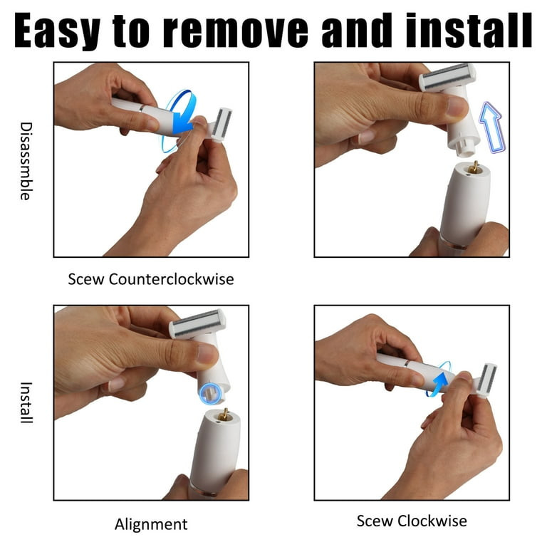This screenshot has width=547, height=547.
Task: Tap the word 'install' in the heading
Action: [x=468, y=31]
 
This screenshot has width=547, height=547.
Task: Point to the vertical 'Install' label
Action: [x=26, y=402]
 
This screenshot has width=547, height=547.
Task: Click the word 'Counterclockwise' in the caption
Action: [x=171, y=279]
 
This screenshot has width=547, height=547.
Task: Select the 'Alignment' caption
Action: [x=151, y=524]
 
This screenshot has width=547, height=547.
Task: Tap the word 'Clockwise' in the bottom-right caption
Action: [x=432, y=521]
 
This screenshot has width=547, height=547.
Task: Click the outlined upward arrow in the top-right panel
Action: [x=492, y=127]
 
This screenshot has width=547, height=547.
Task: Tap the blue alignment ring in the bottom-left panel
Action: [x=211, y=394]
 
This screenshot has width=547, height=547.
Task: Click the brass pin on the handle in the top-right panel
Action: [x=474, y=168]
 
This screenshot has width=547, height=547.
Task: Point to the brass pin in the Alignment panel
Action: [x=224, y=415]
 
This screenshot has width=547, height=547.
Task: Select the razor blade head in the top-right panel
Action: [x=447, y=77]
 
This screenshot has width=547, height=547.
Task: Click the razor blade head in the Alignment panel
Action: [x=197, y=324]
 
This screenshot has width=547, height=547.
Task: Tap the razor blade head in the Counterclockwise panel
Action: [x=222, y=125]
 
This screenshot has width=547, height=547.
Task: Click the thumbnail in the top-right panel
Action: [x=457, y=105]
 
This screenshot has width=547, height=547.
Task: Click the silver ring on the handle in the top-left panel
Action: [x=141, y=108]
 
